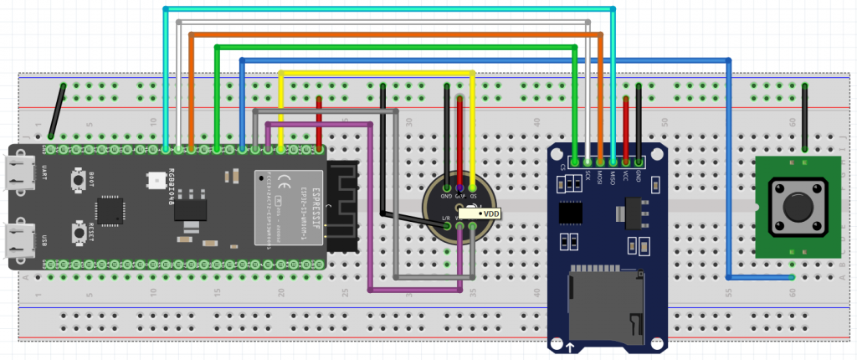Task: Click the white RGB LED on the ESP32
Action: [x=157, y=179]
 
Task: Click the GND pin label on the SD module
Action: [x=639, y=175]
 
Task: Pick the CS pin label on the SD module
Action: [x=562, y=167]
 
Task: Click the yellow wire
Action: [x=377, y=74]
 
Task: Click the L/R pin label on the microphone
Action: [x=446, y=217]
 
